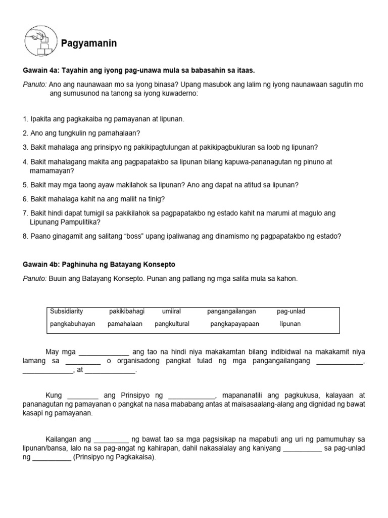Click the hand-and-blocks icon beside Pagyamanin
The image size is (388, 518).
pos(41,41)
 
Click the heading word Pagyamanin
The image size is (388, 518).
pos(89,44)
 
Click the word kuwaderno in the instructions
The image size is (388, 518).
pos(177,94)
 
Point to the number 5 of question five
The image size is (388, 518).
pos(25,185)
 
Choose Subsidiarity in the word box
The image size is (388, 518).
pos(67,311)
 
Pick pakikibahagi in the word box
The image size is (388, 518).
pos(127,311)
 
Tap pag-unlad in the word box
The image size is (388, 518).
pos(291,311)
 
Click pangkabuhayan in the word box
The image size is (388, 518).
pos(73,324)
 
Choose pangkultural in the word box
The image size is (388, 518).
pos(172,324)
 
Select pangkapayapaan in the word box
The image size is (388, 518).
pos(234,324)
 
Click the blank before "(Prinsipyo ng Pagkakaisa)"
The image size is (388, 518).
pos(52,458)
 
